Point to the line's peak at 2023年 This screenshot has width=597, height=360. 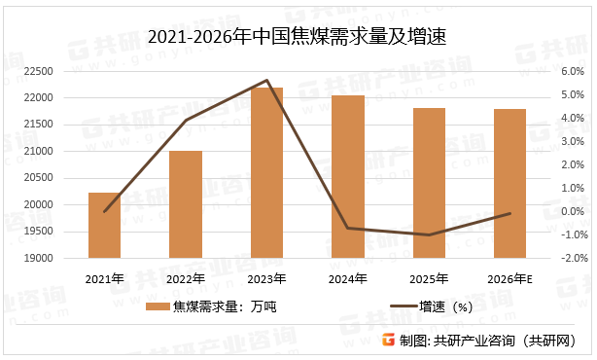point(266,81)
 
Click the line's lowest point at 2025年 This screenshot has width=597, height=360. point(429,234)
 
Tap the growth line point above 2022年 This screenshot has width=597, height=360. point(186,120)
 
